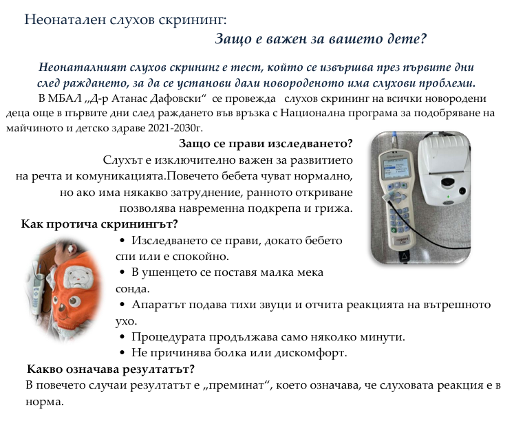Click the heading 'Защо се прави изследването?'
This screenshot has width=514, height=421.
click(x=266, y=144)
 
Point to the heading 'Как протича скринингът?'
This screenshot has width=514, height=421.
click(x=100, y=224)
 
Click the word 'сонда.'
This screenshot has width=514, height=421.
click(x=133, y=288)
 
